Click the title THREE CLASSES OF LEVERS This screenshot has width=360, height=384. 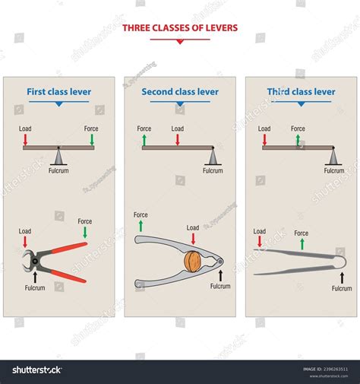click(179, 28)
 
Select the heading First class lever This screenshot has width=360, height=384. click(58, 92)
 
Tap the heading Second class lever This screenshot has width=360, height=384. click(180, 92)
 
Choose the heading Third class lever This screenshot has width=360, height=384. click(301, 92)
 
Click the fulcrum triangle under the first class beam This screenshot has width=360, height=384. click(58, 155)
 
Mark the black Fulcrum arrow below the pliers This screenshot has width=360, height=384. click(34, 278)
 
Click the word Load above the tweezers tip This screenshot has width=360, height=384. click(260, 231)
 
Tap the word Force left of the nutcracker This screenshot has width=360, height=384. click(141, 215)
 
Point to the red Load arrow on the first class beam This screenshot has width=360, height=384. click(25, 140)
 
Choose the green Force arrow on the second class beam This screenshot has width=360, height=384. click(144, 140)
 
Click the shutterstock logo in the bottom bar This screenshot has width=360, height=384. click(36, 370)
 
